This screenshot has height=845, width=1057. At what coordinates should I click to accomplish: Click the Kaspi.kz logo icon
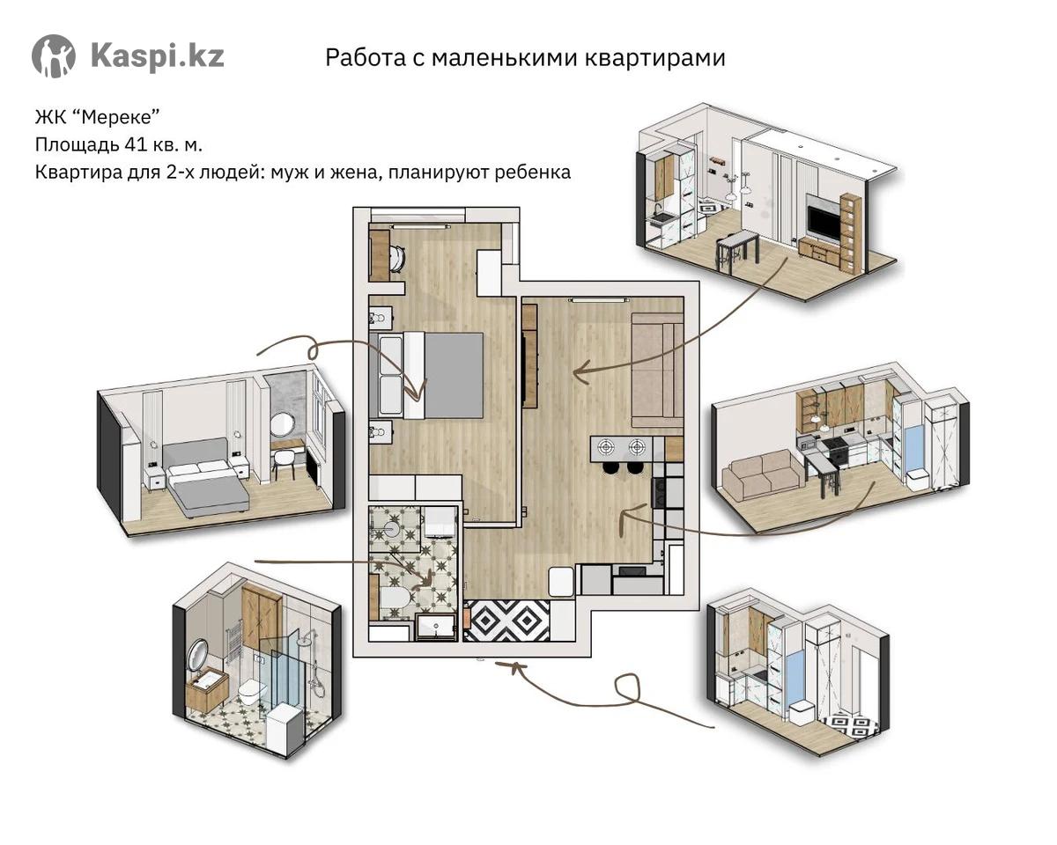click(x=54, y=56)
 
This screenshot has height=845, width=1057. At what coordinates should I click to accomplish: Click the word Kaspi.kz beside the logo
click(x=158, y=55)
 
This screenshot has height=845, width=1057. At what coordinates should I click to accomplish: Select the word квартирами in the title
click(x=655, y=58)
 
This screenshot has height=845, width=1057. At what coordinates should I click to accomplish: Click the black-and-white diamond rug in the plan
click(x=506, y=621)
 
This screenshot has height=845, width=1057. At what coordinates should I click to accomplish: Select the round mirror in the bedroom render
click(x=282, y=425)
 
